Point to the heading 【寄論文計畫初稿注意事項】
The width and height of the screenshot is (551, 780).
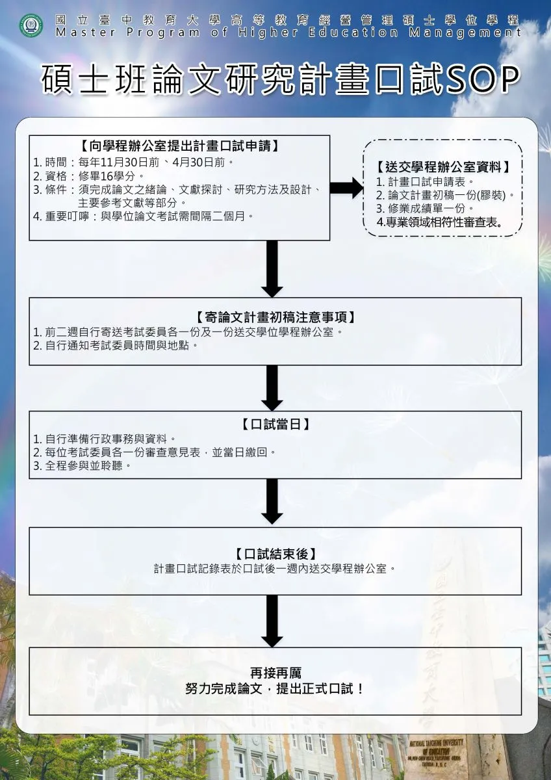275,317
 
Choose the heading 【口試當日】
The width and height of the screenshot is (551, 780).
275,424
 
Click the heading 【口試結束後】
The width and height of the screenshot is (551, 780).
275,554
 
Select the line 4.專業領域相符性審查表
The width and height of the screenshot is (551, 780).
439,222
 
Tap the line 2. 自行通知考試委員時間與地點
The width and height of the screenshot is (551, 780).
114,345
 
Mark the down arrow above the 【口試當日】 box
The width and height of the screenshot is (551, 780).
272,388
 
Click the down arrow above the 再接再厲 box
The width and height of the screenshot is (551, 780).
272,621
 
